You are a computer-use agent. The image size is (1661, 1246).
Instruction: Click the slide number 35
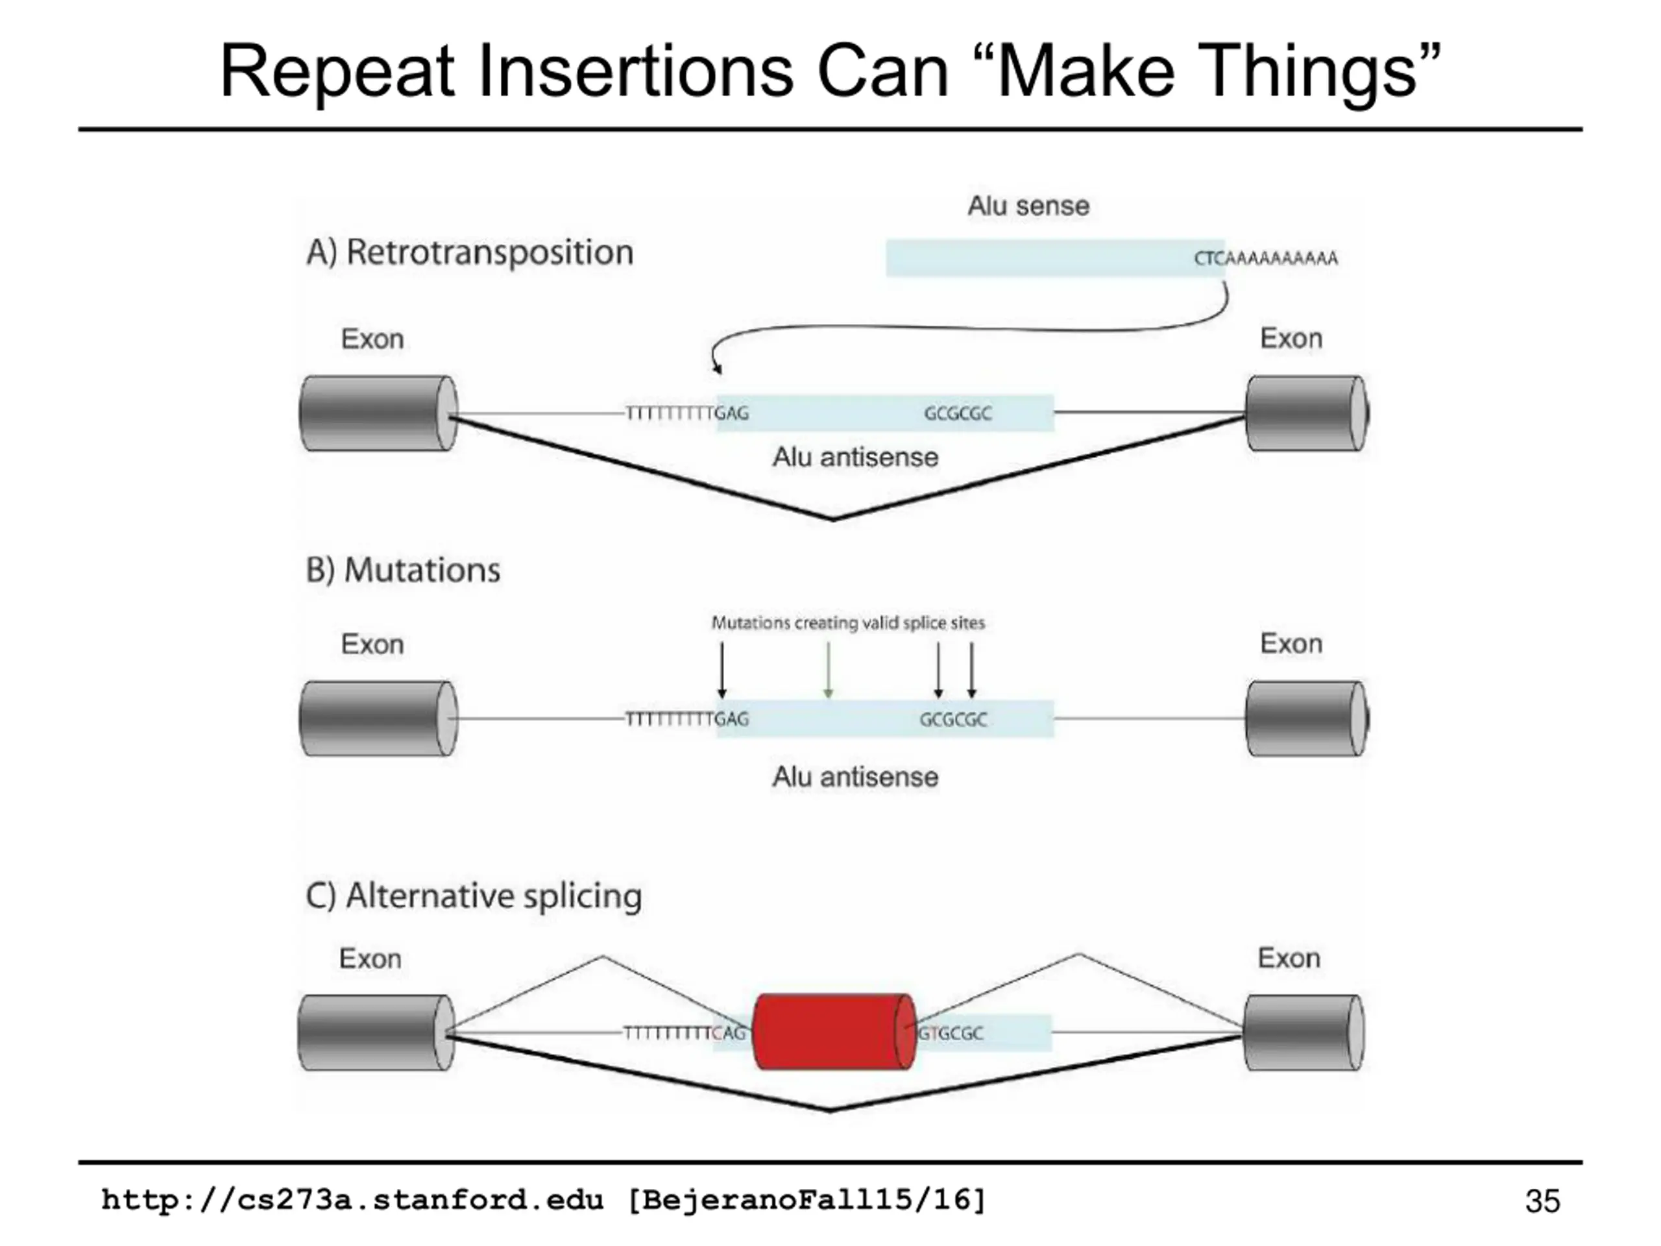pos(1542,1201)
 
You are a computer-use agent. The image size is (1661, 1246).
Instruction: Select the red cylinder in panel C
pos(834,1032)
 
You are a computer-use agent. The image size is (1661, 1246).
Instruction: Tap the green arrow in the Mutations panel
pos(827,670)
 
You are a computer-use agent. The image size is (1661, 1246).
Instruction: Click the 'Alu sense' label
pos(1028,206)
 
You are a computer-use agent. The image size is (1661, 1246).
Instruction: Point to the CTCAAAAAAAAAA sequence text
pos(1266,258)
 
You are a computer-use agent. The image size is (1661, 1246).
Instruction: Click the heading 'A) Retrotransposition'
pos(470,252)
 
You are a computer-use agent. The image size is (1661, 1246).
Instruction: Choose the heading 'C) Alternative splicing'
pos(474,896)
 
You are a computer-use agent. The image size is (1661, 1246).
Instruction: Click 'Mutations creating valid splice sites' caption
pos(848,622)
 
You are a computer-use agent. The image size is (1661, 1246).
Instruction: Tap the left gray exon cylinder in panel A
pos(378,414)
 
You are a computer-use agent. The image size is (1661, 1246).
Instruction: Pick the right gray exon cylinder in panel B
pos(1307,719)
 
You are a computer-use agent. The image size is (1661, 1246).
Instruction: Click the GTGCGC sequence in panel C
pos(950,1033)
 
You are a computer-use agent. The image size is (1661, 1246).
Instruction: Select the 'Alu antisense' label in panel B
pos(855,777)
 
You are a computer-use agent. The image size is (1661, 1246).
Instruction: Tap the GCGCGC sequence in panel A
pos(958,414)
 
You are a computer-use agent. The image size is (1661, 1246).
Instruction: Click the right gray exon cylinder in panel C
pos(1303,1032)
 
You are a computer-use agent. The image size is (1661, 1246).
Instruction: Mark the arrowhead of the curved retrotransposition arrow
pos(718,368)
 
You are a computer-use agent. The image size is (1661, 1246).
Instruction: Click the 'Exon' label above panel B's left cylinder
pos(372,644)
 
